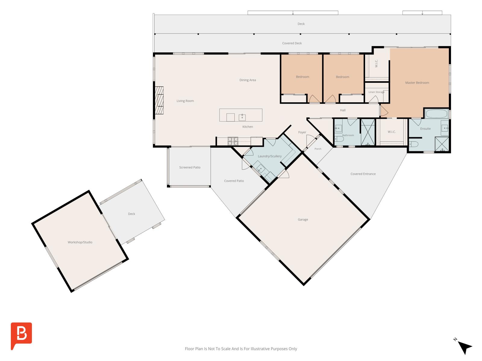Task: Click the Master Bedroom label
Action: [x=417, y=83]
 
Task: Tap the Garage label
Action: [x=302, y=219]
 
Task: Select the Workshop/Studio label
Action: [x=80, y=242]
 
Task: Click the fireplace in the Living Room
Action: [x=159, y=100]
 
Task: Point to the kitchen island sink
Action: [x=242, y=117]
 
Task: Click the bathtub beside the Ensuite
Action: [x=436, y=114]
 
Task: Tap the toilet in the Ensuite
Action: [x=414, y=144]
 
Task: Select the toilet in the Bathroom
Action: [x=339, y=139]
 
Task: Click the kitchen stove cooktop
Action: [x=233, y=141]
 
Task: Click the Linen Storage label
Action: [x=376, y=92]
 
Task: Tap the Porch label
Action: [x=318, y=149]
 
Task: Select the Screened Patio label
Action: [x=190, y=167]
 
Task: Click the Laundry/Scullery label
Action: [x=269, y=156]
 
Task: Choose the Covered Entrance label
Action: [x=363, y=174]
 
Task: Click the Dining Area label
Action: [x=248, y=80]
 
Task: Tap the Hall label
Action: [x=343, y=110]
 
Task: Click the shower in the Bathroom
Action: [x=368, y=132]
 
